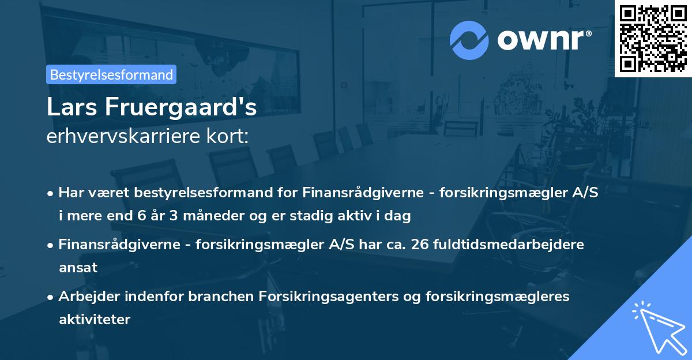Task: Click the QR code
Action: click(653, 38)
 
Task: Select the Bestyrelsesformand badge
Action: click(111, 74)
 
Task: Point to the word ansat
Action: click(78, 268)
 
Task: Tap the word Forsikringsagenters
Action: click(324, 297)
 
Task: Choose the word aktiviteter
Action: click(95, 319)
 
